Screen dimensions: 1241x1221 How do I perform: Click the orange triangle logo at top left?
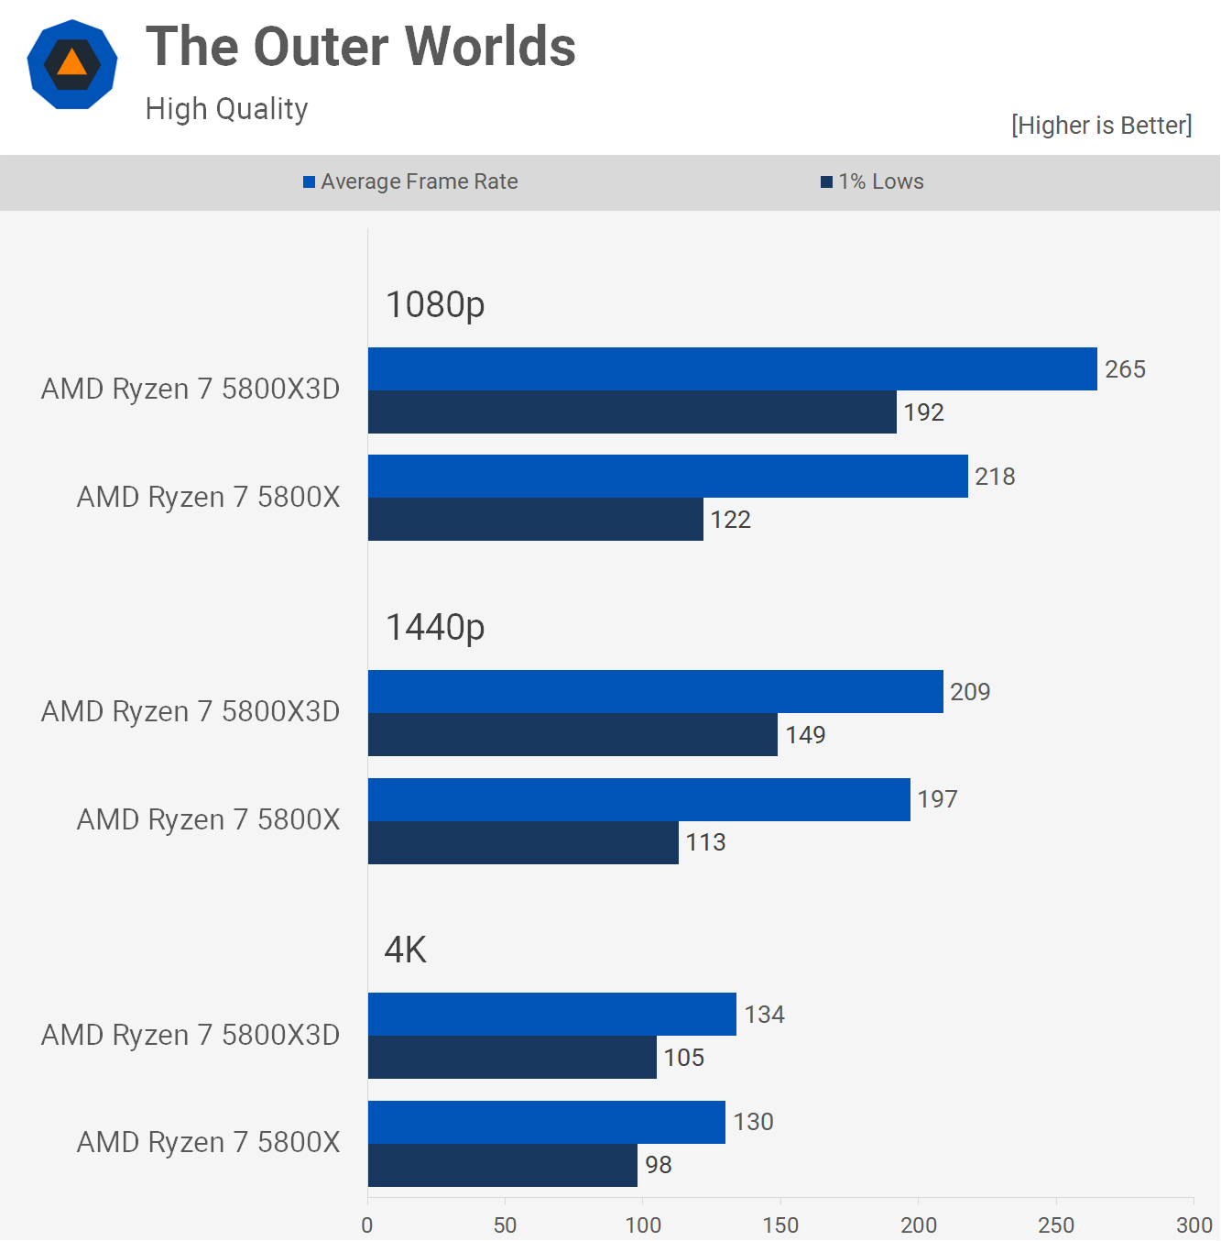pyautogui.click(x=72, y=64)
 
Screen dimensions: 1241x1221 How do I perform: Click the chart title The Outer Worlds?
pyautogui.click(x=361, y=47)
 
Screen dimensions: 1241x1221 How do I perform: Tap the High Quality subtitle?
pyautogui.click(x=226, y=109)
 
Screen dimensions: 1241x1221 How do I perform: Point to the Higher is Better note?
pyautogui.click(x=1101, y=126)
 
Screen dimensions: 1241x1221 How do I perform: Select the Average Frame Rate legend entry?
pyautogui.click(x=410, y=181)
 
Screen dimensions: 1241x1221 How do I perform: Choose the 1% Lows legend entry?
pyautogui.click(x=872, y=181)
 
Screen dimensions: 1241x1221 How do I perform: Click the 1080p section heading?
pyautogui.click(x=435, y=304)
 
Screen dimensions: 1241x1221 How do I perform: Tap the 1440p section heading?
pyautogui.click(x=435, y=628)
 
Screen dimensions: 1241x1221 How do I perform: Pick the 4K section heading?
pyautogui.click(x=406, y=950)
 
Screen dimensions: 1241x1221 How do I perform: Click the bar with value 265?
pyautogui.click(x=732, y=368)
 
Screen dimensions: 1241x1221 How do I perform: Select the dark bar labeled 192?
pyautogui.click(x=632, y=412)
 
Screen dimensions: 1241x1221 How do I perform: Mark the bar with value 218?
pyautogui.click(x=668, y=477)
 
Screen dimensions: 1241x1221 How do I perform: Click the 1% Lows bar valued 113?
pyautogui.click(x=523, y=842)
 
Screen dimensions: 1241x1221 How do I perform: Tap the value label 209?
pyautogui.click(x=970, y=692)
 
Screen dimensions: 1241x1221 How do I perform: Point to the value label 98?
pyautogui.click(x=659, y=1165)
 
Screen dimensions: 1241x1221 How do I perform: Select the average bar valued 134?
pyautogui.click(x=551, y=1015)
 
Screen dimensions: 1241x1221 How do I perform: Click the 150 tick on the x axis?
pyautogui.click(x=780, y=1225)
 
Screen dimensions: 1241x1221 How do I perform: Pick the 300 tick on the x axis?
pyautogui.click(x=1194, y=1225)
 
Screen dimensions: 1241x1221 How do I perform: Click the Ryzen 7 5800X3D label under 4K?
pyautogui.click(x=191, y=1035)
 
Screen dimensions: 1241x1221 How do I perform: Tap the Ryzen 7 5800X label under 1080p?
pyautogui.click(x=208, y=497)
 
